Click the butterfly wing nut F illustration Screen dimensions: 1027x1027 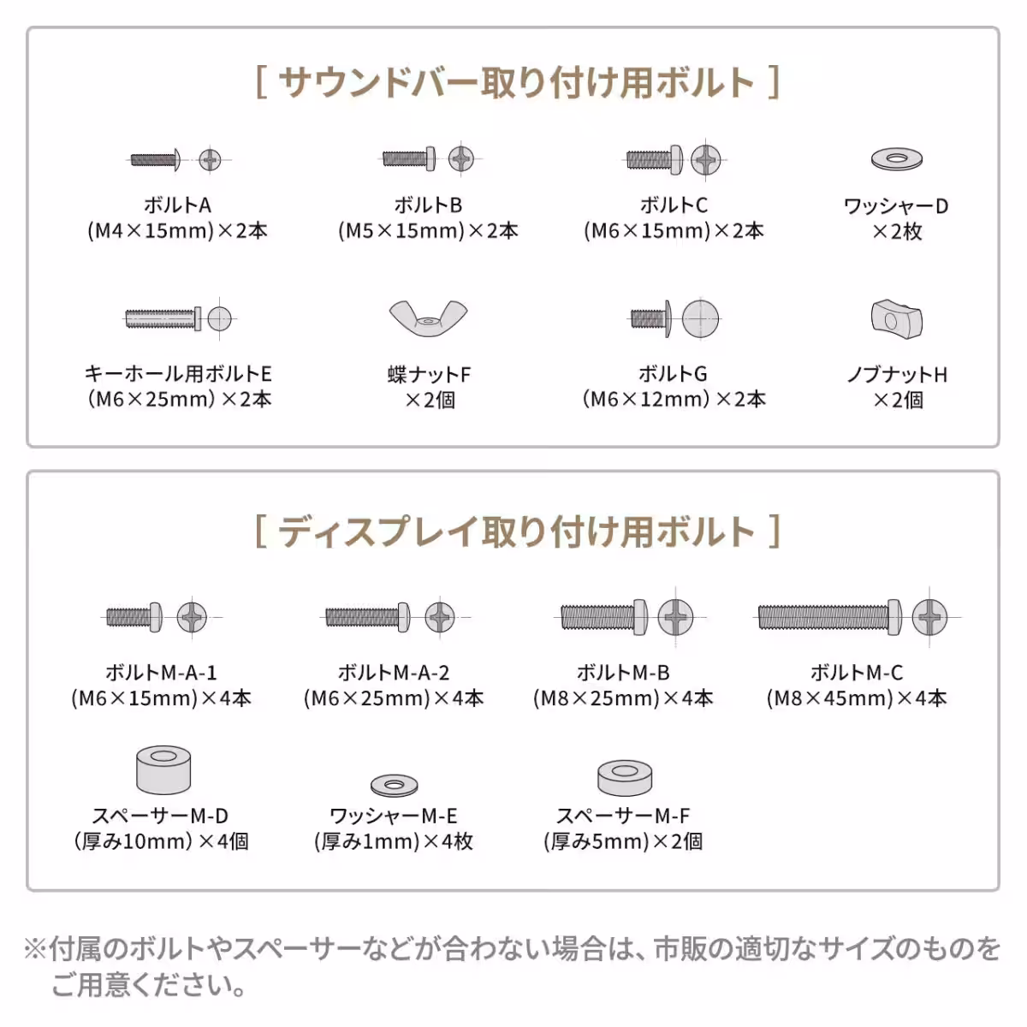[428, 319]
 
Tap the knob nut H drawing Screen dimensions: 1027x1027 [896, 319]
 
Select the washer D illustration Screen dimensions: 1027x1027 [896, 158]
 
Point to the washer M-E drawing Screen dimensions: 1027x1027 [394, 784]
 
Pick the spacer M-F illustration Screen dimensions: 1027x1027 [625, 776]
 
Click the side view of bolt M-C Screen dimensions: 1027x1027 [828, 617]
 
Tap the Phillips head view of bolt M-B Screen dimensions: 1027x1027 [675, 617]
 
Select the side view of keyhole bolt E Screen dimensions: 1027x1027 [163, 319]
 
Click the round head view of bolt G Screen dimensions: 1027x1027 [701, 319]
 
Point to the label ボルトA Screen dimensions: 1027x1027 [177, 205]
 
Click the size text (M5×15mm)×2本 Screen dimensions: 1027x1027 [428, 231]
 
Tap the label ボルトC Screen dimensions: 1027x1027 [674, 205]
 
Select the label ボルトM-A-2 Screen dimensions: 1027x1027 [394, 673]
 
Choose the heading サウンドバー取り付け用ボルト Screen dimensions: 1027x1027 [517, 83]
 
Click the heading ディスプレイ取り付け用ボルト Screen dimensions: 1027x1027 [517, 531]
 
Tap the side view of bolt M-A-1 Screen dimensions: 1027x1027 [134, 617]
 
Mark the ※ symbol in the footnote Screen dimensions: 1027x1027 [35, 948]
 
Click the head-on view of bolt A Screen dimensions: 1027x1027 [210, 159]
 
